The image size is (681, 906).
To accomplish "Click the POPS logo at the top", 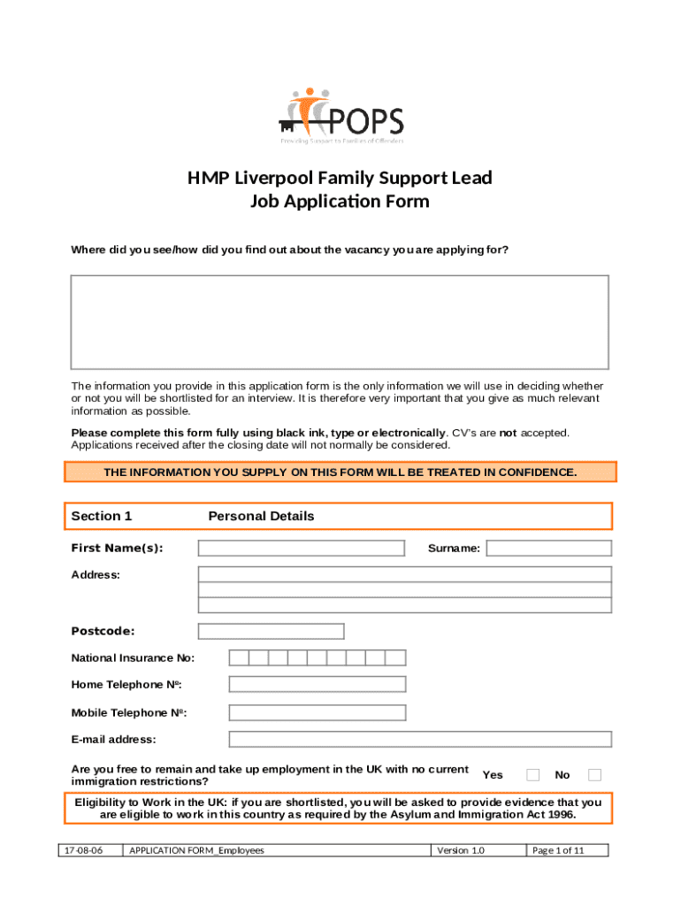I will (x=340, y=116).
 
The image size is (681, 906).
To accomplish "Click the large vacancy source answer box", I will (x=340, y=322).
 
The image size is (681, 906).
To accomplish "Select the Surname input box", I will (x=548, y=549).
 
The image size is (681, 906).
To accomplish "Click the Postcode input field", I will (x=272, y=631).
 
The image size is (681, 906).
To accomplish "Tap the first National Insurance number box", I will (x=238, y=657).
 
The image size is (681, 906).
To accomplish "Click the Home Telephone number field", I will (x=317, y=684).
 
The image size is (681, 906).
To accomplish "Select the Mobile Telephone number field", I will (x=317, y=712).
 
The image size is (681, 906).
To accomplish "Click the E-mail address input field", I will (x=420, y=740).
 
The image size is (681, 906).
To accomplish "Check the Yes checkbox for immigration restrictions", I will (x=533, y=775).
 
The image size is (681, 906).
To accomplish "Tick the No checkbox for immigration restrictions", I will (x=595, y=775).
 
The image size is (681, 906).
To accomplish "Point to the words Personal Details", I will (x=261, y=516).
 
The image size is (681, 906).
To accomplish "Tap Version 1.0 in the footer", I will (x=461, y=850).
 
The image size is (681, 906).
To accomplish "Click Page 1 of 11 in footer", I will (x=557, y=850).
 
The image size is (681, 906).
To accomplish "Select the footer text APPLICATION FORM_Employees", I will (x=196, y=850).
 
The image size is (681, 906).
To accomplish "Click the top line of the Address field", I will (x=404, y=574).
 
